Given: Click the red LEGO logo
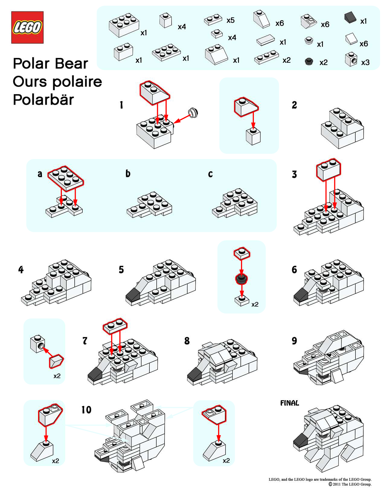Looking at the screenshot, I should [x=27, y=27].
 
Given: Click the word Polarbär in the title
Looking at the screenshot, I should [x=43, y=100].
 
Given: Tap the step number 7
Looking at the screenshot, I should [x=85, y=341].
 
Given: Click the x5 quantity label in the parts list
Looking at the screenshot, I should [x=230, y=20].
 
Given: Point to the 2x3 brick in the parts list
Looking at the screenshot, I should [x=124, y=25].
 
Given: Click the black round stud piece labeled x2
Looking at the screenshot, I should [x=309, y=62].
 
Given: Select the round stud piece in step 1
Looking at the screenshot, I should [x=193, y=113].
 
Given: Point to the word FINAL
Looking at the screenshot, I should [x=289, y=403].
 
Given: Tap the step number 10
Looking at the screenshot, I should [x=86, y=410].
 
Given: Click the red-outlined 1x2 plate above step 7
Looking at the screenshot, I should [x=115, y=325].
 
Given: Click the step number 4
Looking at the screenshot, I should [x=21, y=270].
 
